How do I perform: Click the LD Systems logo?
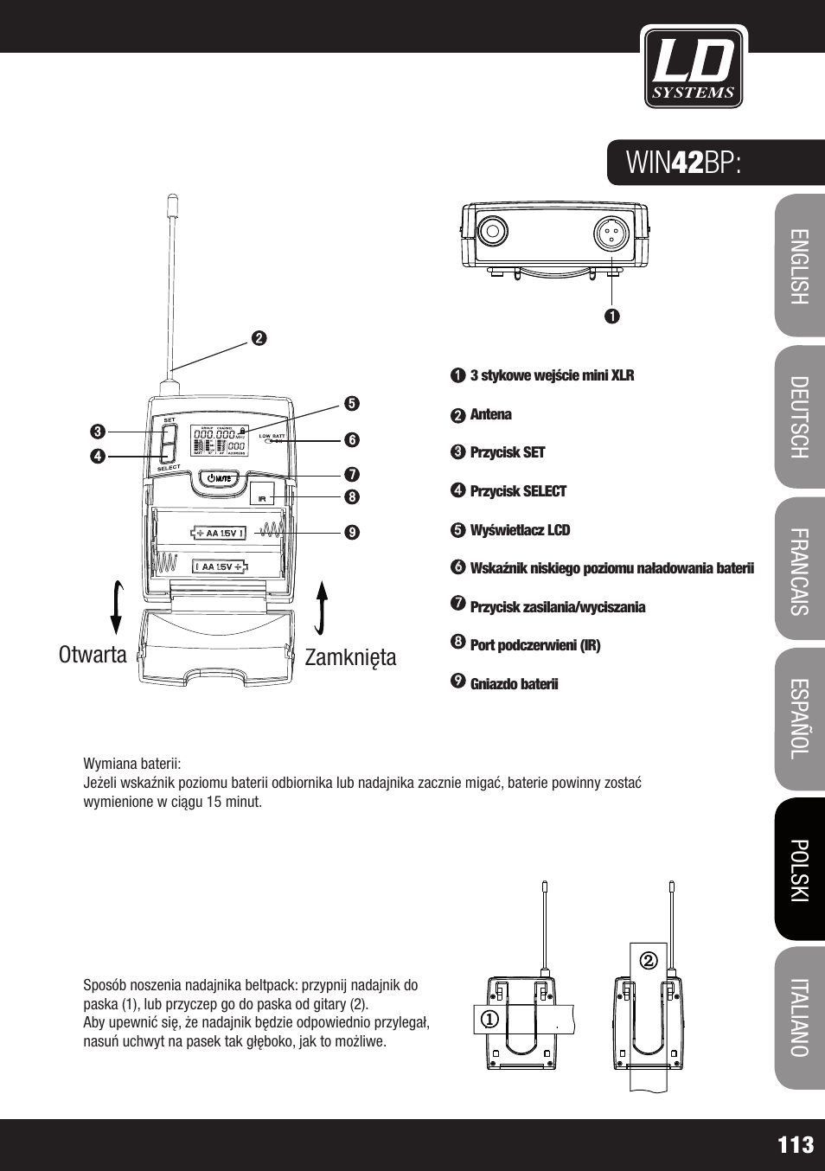point(694,67)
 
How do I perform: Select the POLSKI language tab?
point(799,869)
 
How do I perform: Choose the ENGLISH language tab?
point(799,266)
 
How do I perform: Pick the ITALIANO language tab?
point(799,1018)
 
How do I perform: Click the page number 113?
point(795,1145)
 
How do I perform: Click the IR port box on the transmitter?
point(262,495)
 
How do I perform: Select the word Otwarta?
point(93,655)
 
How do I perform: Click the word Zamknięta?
point(350,657)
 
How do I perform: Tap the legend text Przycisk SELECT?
point(517,491)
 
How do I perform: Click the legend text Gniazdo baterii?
point(514,684)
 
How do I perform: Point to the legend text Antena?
point(490,414)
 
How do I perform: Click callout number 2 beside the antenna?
point(259,338)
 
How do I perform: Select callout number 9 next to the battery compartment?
point(351,533)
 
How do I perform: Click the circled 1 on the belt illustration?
point(490,1020)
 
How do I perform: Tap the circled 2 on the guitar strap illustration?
point(649,960)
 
